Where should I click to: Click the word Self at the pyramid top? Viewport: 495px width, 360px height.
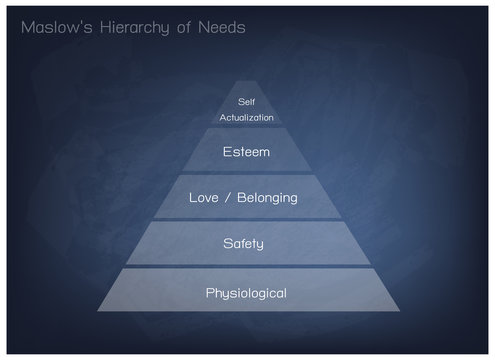(x=247, y=101)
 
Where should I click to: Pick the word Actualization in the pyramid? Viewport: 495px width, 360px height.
(x=247, y=117)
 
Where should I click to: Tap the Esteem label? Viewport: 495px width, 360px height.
(x=247, y=152)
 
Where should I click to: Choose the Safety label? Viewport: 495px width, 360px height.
(x=247, y=243)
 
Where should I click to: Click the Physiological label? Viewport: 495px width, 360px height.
(x=247, y=293)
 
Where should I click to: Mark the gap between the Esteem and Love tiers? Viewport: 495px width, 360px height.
(x=247, y=174)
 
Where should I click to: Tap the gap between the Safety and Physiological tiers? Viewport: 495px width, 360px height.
(x=247, y=266)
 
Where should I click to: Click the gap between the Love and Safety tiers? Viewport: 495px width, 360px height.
(x=247, y=220)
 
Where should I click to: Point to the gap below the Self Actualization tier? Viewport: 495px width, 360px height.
(x=247, y=128)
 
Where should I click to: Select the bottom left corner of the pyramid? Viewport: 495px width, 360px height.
(x=97, y=311)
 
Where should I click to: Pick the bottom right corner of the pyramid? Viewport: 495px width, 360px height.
(x=397, y=311)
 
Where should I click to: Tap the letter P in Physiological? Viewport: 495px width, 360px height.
(x=209, y=293)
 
